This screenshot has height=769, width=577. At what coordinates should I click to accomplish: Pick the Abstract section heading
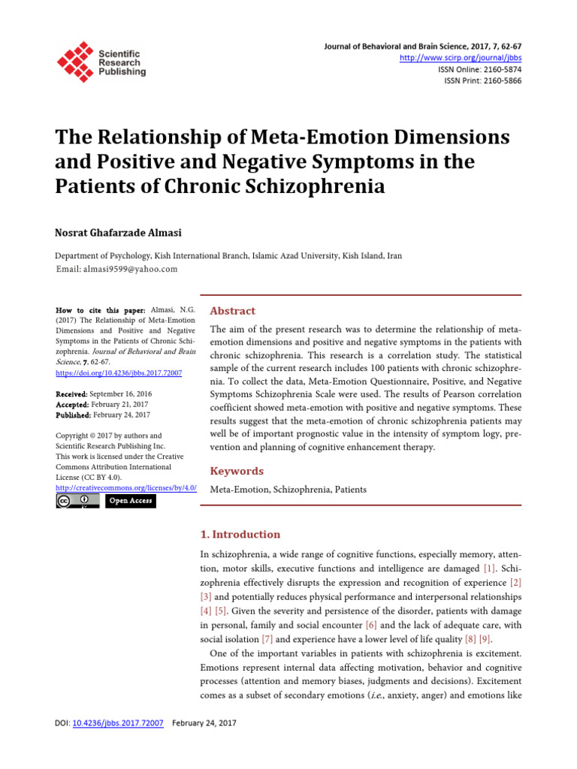point(232,311)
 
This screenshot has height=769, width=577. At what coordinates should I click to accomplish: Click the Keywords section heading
point(237,471)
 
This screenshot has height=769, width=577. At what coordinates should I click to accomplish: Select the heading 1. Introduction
point(240,535)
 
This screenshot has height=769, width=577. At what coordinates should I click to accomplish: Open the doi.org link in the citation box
point(119,372)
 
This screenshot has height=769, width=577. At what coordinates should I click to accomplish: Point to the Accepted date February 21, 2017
point(119,404)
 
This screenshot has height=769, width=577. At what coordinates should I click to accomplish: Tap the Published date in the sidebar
point(121,415)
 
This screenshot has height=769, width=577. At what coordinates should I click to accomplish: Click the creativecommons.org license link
point(126,487)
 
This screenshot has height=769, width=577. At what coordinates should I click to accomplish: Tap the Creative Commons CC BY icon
point(77,501)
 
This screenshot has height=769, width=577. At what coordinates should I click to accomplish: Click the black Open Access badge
point(130,501)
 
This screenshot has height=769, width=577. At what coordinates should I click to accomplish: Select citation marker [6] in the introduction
point(370,625)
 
